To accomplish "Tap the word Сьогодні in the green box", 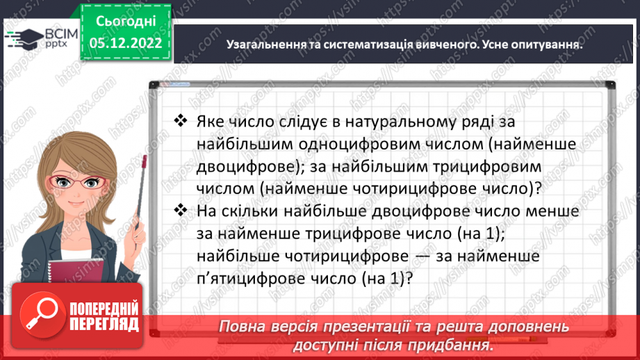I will pyautogui.click(x=126, y=20).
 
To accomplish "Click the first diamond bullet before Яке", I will pyautogui.click(x=181, y=121).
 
